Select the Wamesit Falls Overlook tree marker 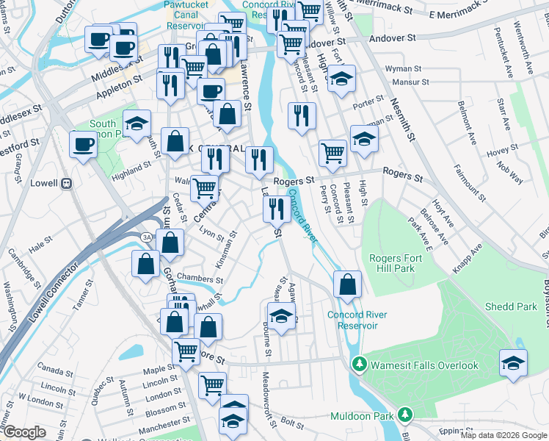point(359,365)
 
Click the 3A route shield point(146,237)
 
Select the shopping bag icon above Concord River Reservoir point(347,284)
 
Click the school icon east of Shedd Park point(513,363)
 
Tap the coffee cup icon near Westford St point(82,143)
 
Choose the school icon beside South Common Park point(137,123)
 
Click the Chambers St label point(199,279)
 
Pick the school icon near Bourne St point(279,317)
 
